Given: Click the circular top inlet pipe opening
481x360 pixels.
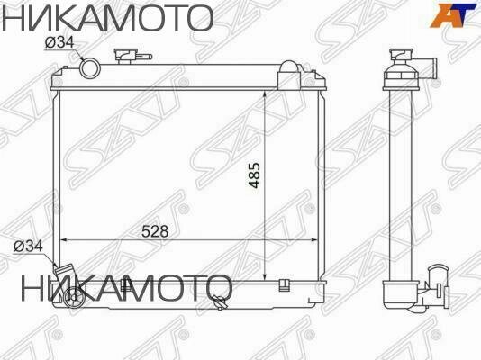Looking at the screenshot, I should pos(91,67).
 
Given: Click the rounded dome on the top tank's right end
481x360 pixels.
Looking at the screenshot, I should pos(288,69).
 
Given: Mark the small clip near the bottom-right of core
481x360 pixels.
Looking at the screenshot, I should pos(284,286).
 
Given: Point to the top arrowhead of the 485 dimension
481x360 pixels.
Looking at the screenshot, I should pos(263,94).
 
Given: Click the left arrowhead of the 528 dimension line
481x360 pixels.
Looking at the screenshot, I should pos(63,239).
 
